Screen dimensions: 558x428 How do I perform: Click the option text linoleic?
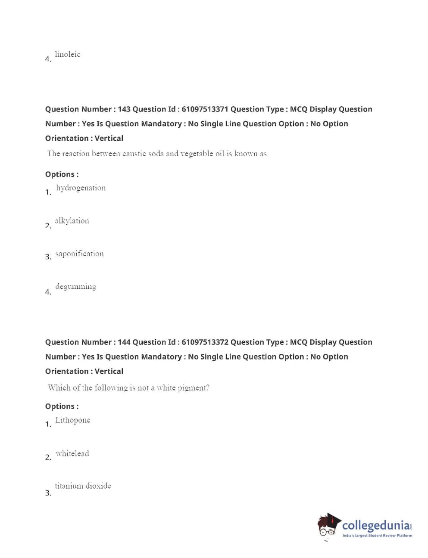68,54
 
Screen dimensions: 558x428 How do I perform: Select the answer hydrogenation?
81,188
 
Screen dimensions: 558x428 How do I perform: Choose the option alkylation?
72,221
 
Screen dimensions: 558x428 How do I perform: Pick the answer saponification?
79,254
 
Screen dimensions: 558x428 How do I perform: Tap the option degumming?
75,287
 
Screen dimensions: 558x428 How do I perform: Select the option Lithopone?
72,420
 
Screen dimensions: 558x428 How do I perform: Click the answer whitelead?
72,453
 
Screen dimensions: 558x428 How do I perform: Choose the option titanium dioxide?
83,486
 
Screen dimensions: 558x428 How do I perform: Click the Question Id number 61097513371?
205,109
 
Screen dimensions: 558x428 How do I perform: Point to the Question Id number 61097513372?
205,342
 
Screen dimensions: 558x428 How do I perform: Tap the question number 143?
124,109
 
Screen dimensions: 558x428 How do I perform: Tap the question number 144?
124,342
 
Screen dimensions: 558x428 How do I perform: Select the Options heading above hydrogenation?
62,174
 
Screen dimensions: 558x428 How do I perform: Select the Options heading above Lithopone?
62,406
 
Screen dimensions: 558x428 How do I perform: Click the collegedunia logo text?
376,526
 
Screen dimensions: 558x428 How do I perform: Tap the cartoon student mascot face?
328,527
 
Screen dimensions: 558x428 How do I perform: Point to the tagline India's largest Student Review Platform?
377,536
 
